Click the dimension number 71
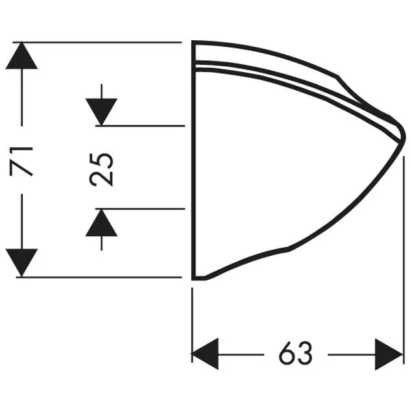pos(21,161)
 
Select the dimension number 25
pos(101,169)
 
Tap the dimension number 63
pos(296,354)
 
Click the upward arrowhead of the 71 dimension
pos(21,55)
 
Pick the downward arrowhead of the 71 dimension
pos(21,263)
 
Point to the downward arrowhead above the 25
pos(101,112)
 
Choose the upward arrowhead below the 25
pos(101,223)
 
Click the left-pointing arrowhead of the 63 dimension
pos(205,354)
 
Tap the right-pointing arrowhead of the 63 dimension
pos(389,354)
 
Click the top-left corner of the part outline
pos(193,42)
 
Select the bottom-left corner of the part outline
pos(193,279)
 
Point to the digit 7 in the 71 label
pos(21,169)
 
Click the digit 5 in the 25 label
pos(101,161)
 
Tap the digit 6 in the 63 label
pos(287,354)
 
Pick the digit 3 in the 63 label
pos(305,354)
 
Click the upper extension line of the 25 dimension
pos(140,126)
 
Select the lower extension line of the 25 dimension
pos(140,209)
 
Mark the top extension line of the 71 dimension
pos(97,42)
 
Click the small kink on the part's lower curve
pos(287,248)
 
